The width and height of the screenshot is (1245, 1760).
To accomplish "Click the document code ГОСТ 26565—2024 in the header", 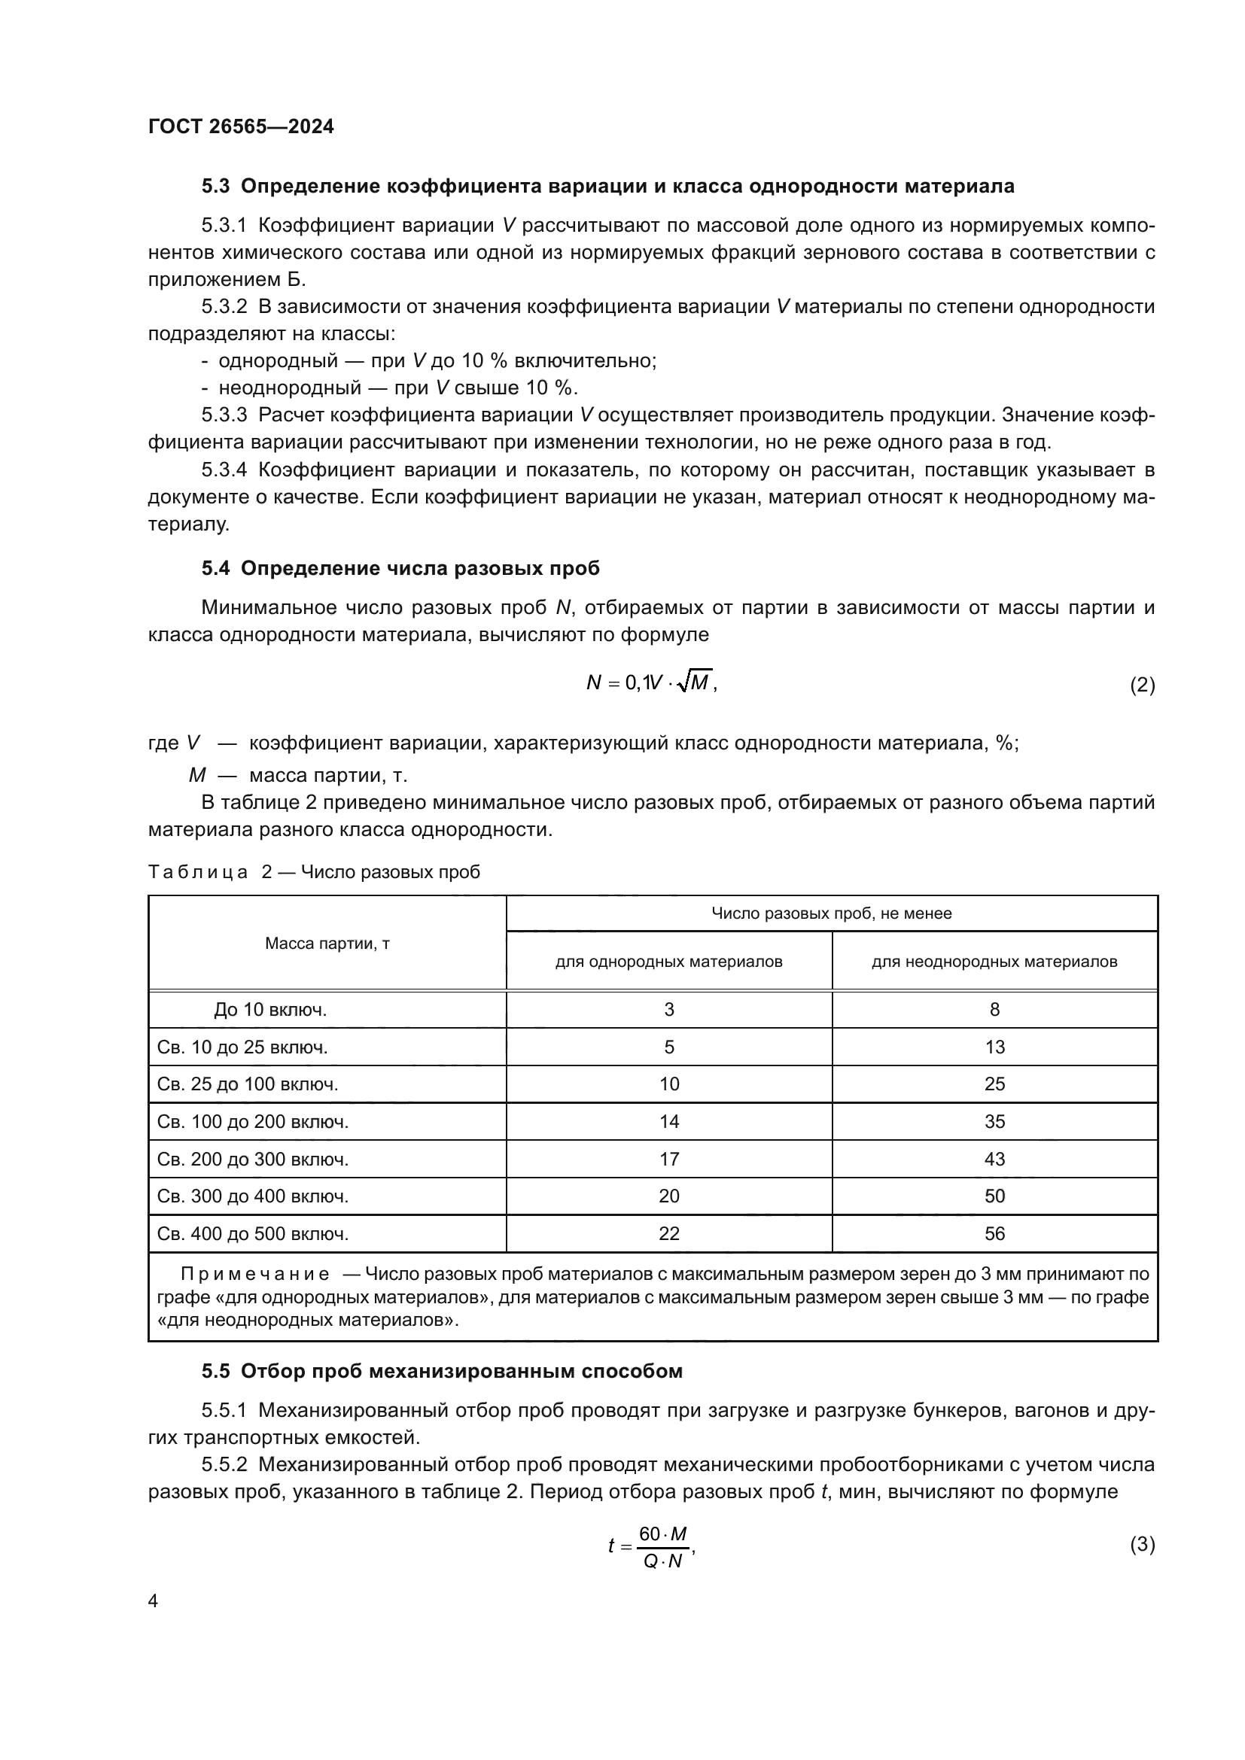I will [241, 126].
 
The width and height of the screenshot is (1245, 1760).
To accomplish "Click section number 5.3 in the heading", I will [215, 187].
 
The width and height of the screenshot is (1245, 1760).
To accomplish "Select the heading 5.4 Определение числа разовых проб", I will [400, 568].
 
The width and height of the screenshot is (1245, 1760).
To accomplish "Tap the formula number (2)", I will [1143, 685].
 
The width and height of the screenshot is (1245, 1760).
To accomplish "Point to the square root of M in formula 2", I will [696, 682].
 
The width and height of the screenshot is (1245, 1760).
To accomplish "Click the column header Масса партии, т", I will [327, 943].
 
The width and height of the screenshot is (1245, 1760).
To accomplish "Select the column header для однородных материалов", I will [668, 961].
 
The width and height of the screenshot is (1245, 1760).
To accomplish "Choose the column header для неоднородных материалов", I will [994, 961].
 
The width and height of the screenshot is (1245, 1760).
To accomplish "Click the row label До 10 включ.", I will [270, 1010].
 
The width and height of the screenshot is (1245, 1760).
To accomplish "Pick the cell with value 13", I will [994, 1047].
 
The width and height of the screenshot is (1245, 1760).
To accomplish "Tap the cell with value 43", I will [994, 1159].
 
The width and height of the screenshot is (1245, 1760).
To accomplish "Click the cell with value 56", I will [994, 1233].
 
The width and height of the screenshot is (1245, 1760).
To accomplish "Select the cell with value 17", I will [668, 1159].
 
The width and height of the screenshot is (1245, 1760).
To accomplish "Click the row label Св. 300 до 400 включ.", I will [252, 1196].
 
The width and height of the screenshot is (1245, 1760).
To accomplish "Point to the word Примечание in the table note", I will [255, 1274].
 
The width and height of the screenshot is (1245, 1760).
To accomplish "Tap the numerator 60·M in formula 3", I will [662, 1534].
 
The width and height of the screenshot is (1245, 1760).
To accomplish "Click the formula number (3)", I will [1143, 1544].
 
